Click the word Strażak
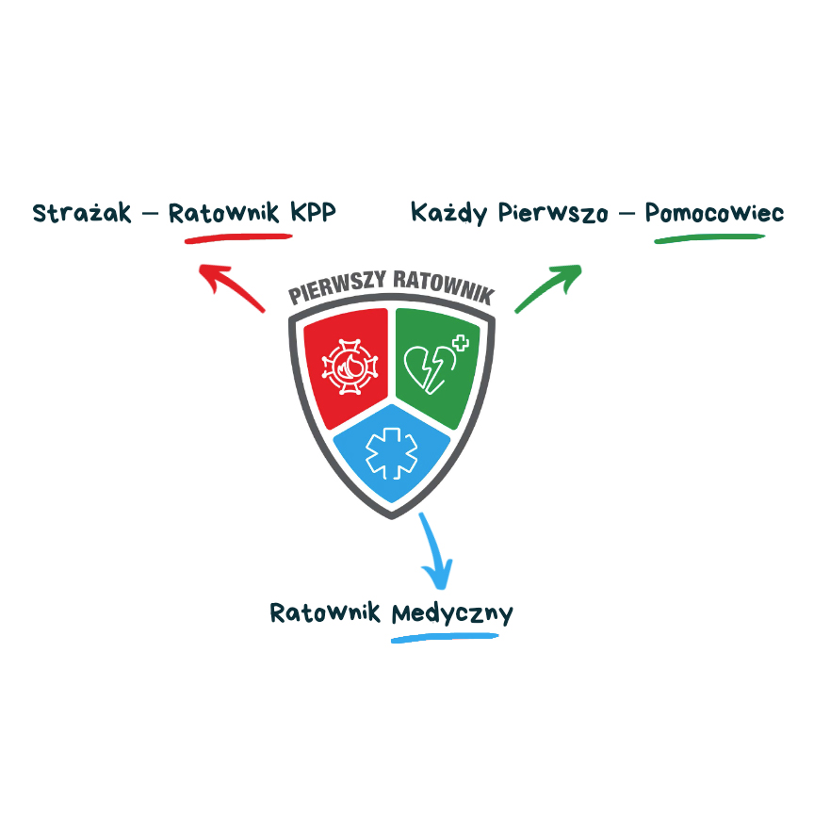82,213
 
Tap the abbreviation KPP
313,212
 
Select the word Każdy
448,213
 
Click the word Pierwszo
553,213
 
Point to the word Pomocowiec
714,213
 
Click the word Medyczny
451,614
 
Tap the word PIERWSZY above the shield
337,286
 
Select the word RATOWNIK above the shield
444,286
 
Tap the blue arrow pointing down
435,552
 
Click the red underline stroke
238,238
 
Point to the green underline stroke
709,238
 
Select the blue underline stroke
445,637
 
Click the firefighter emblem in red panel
350,367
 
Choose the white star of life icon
391,453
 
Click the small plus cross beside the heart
461,343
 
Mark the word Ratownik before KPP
224,213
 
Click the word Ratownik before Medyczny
325,612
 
